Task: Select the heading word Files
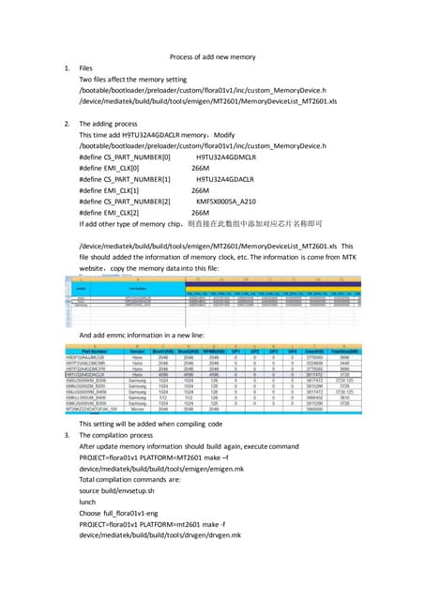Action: (88, 68)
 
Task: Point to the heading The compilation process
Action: (125, 435)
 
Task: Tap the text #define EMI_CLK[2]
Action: (116, 211)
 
